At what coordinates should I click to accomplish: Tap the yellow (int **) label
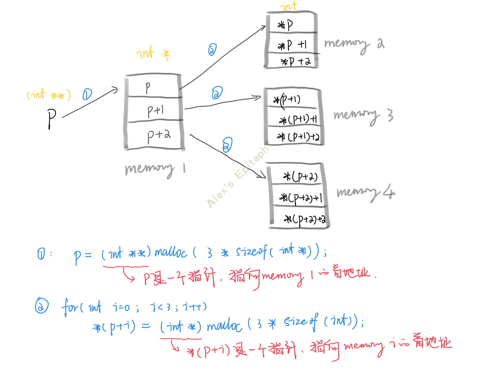pos(49,95)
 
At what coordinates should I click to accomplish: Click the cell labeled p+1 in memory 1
pos(155,110)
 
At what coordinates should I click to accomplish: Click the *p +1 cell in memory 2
pos(292,45)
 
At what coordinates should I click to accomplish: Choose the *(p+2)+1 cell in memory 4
pos(300,198)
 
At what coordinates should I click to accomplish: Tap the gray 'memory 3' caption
pos(363,115)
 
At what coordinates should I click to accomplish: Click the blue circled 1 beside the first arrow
pos(87,94)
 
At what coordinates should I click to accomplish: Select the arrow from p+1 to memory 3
pos(222,103)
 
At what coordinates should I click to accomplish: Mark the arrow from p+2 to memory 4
pos(228,156)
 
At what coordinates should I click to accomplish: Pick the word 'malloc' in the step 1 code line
pos(171,252)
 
